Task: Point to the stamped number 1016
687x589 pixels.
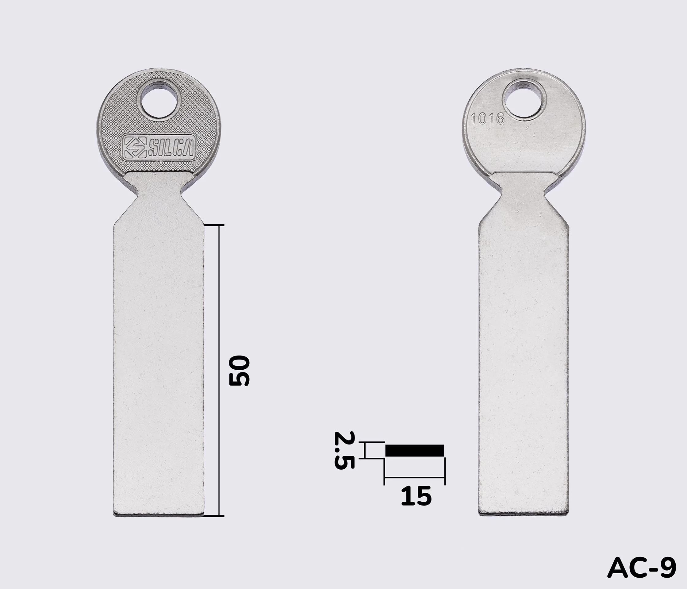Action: pyautogui.click(x=488, y=118)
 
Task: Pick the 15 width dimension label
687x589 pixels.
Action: pyautogui.click(x=416, y=496)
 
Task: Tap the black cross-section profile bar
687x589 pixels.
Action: pyautogui.click(x=414, y=450)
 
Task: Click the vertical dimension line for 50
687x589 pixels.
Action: pyautogui.click(x=219, y=371)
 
